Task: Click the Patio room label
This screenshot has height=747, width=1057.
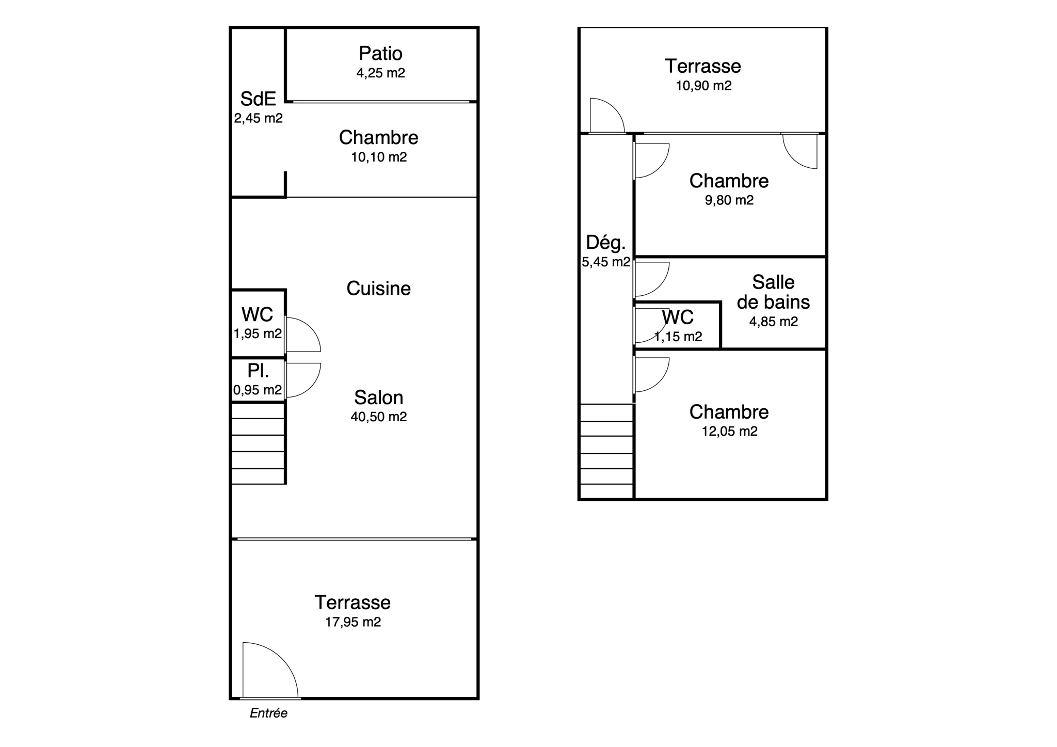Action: pyautogui.click(x=380, y=53)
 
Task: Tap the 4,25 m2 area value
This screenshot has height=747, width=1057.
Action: pyautogui.click(x=380, y=73)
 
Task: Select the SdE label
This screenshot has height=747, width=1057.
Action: pyautogui.click(x=258, y=99)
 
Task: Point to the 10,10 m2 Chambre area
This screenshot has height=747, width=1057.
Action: pyautogui.click(x=379, y=157)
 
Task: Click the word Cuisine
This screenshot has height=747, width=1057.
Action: pyautogui.click(x=378, y=288)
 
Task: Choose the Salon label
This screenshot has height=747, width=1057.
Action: pyautogui.click(x=378, y=398)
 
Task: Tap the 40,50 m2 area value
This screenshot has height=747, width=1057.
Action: pyautogui.click(x=378, y=417)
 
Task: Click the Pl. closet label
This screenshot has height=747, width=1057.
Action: pyautogui.click(x=258, y=371)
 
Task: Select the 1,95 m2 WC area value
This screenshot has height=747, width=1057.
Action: pyautogui.click(x=258, y=334)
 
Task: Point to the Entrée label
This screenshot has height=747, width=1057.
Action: pyautogui.click(x=268, y=713)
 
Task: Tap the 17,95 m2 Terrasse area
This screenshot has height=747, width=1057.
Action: pyautogui.click(x=353, y=622)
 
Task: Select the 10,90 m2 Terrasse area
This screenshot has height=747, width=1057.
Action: pyautogui.click(x=703, y=86)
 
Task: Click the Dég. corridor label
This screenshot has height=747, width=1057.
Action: pyautogui.click(x=605, y=242)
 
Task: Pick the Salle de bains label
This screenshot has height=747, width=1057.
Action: pyautogui.click(x=773, y=292)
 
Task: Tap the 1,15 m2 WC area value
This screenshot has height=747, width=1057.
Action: pyautogui.click(x=678, y=337)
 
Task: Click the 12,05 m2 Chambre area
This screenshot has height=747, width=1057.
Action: pyautogui.click(x=729, y=431)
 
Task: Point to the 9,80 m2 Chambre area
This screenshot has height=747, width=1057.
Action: pyautogui.click(x=729, y=200)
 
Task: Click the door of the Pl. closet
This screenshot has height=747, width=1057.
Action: pyautogui.click(x=303, y=380)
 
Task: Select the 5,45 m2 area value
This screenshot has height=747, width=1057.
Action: pyautogui.click(x=606, y=262)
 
